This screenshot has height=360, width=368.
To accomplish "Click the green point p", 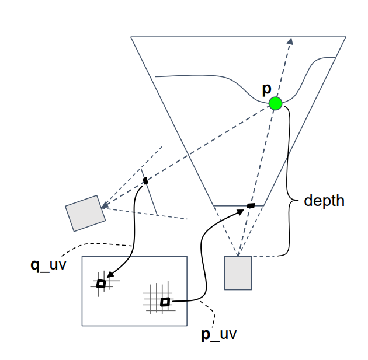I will click(x=275, y=104).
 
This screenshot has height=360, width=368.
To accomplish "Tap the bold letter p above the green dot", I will click(x=266, y=89).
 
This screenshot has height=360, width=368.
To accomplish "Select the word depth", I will click(x=324, y=201).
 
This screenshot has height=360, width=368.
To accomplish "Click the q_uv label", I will click(x=47, y=265).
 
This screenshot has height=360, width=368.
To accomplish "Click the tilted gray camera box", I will click(x=85, y=214).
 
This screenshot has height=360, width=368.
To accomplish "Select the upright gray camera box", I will click(x=238, y=272).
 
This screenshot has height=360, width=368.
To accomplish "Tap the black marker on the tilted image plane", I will click(x=145, y=180).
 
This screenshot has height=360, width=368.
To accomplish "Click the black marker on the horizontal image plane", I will click(x=251, y=205).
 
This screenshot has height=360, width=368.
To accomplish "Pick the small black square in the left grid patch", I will click(x=101, y=284).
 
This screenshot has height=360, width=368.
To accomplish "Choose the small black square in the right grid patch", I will click(x=165, y=302).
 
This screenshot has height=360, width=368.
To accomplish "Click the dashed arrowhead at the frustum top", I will click(x=290, y=40).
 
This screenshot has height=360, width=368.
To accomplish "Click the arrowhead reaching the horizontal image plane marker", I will click(x=242, y=211).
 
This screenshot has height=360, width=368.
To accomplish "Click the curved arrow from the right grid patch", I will click(x=202, y=257).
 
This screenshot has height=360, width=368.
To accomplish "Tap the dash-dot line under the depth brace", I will click(x=266, y=256).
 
